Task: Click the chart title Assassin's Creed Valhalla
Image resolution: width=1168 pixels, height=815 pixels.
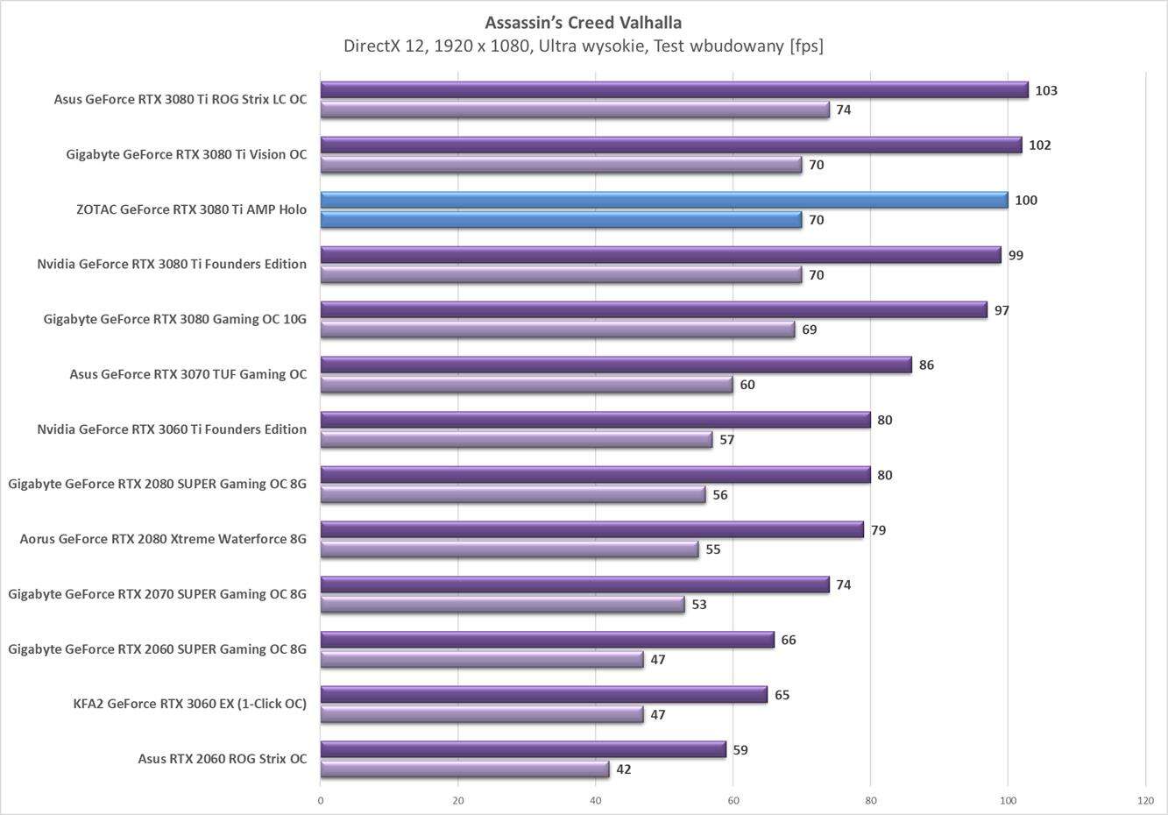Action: pyautogui.click(x=583, y=22)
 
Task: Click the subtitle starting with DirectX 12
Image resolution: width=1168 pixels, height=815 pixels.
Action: pyautogui.click(x=583, y=46)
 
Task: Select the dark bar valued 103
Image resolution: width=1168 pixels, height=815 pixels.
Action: pyautogui.click(x=674, y=90)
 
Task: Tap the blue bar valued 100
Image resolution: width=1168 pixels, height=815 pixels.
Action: pyautogui.click(x=663, y=201)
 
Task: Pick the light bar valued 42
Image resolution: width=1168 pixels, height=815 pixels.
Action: pyautogui.click(x=464, y=769)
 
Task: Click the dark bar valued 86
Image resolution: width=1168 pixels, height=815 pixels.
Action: pyautogui.click(x=615, y=365)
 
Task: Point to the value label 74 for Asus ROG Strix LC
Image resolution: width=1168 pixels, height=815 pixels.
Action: pyautogui.click(x=843, y=110)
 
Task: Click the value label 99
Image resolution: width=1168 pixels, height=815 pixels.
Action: pyautogui.click(x=1016, y=255)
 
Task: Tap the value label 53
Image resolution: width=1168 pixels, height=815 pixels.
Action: pyautogui.click(x=698, y=605)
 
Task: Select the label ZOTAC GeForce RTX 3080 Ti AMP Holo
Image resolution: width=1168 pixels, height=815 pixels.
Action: pyautogui.click(x=191, y=209)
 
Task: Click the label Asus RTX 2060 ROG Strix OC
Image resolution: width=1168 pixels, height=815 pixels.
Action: pyautogui.click(x=223, y=759)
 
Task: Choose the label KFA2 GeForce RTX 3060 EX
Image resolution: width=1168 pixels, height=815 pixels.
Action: pyautogui.click(x=190, y=704)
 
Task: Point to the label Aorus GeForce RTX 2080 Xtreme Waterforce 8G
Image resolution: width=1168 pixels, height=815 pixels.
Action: pyautogui.click(x=163, y=539)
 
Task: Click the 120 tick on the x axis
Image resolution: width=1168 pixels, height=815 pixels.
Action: pyautogui.click(x=1144, y=800)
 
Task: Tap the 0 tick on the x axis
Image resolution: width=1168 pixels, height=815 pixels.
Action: pyautogui.click(x=321, y=800)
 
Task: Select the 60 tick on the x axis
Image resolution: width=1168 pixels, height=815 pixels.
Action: pyautogui.click(x=733, y=800)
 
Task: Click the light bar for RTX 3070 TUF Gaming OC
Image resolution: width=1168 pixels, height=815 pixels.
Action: pyautogui.click(x=526, y=385)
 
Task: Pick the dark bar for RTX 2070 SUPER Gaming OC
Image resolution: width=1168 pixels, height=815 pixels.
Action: pyautogui.click(x=574, y=585)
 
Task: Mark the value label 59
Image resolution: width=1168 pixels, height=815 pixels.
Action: pyautogui.click(x=740, y=750)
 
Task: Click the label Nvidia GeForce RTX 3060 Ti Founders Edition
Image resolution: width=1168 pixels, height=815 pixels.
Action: pyautogui.click(x=172, y=429)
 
